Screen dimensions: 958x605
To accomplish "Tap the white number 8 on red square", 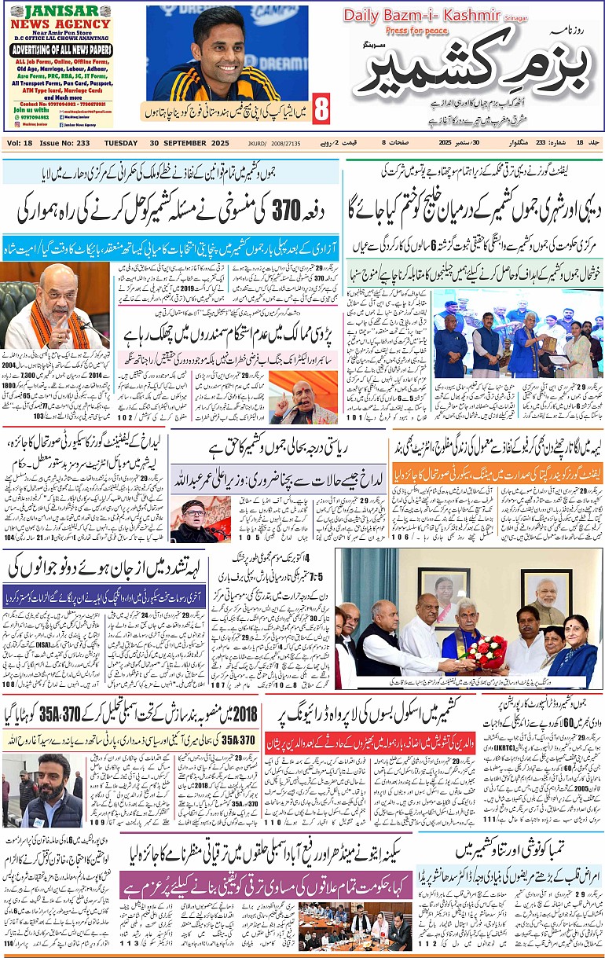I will coord(321,109).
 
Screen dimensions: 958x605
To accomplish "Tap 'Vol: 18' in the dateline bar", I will coord(20,143).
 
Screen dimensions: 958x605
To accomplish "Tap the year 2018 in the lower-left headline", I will coord(250,717).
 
